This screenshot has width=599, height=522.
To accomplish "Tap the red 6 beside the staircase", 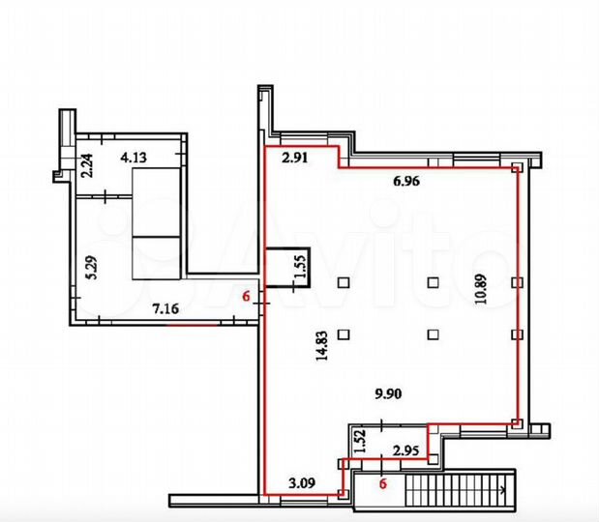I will click(383, 484).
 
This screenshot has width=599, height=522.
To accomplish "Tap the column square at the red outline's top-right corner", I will click(518, 168).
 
